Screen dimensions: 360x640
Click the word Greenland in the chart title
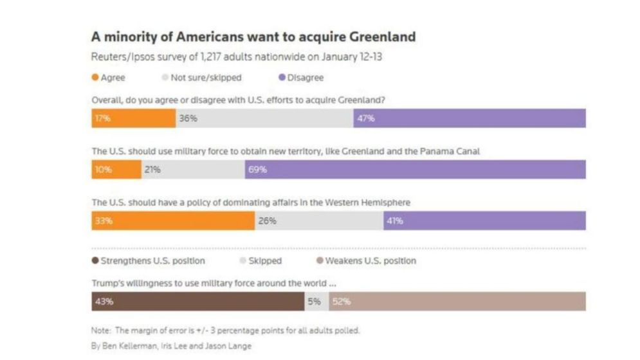click(382, 36)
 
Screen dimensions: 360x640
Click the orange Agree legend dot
click(95, 78)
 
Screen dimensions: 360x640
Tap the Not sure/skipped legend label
click(206, 78)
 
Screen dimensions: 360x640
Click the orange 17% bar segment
click(133, 118)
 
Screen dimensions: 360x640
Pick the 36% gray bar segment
click(264, 118)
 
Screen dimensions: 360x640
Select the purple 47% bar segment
click(469, 118)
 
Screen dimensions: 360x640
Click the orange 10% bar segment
click(116, 170)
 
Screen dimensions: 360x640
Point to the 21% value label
click(152, 170)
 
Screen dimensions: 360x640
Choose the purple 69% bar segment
click(415, 170)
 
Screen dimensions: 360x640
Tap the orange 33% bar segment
click(173, 221)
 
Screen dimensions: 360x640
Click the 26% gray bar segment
click(319, 221)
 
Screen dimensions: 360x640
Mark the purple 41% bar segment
click(484, 221)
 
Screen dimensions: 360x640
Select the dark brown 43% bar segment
click(198, 301)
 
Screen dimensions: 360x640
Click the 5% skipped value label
click(314, 301)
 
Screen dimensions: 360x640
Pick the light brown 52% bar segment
click(457, 301)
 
